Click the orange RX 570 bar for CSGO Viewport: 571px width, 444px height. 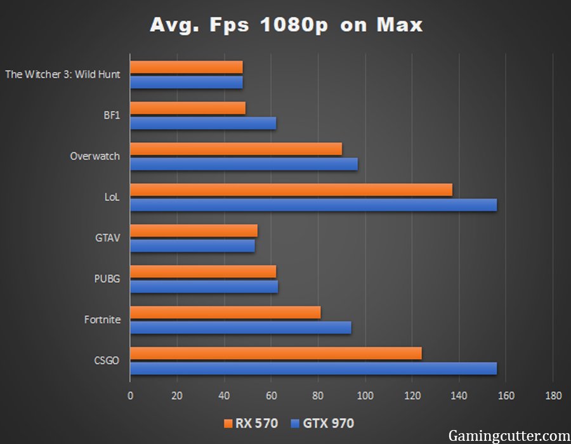(x=275, y=354)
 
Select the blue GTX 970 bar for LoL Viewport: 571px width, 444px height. (x=313, y=205)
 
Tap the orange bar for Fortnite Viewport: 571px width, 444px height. (x=225, y=313)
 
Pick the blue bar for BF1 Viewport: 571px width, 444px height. (x=203, y=123)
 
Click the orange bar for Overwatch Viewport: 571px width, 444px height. (x=236, y=149)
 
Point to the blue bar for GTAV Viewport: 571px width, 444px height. (x=192, y=246)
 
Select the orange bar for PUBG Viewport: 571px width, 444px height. (x=203, y=272)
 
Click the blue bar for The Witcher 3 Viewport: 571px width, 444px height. (x=187, y=82)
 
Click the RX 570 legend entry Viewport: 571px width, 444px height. (x=251, y=423)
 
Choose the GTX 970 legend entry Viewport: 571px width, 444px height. (x=322, y=423)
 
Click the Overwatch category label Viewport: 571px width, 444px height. (x=95, y=156)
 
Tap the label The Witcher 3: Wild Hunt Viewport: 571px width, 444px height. (x=63, y=74)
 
